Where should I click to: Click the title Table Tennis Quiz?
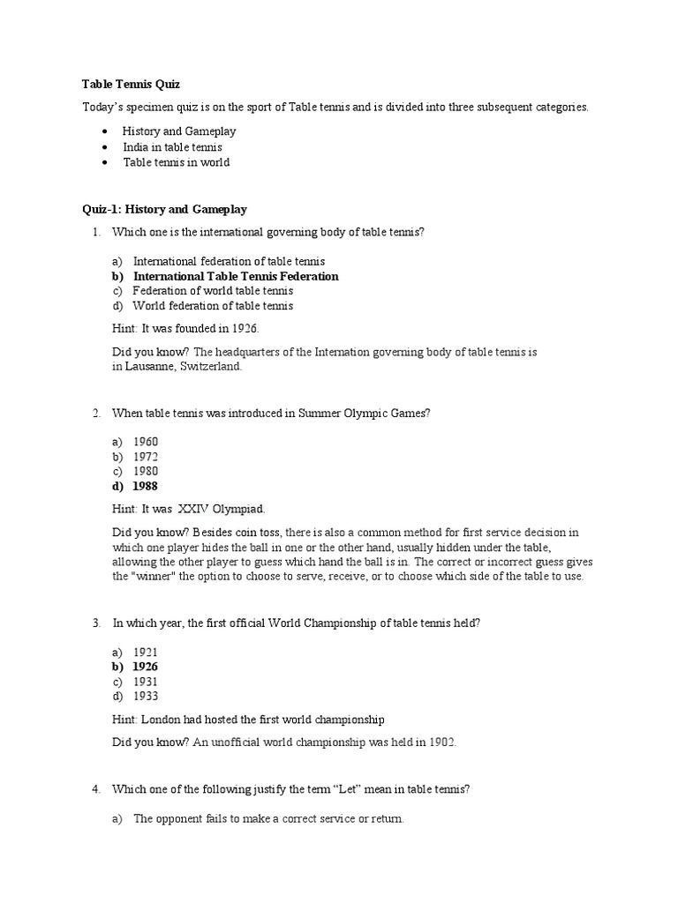coord(131,85)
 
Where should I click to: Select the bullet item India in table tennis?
coord(172,147)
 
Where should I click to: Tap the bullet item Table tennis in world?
coord(176,162)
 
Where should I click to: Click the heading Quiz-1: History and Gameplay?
coord(164,210)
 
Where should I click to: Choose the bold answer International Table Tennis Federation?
coord(235,276)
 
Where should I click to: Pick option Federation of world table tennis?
coord(213,291)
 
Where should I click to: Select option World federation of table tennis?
coord(213,306)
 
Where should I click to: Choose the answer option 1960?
coord(146,441)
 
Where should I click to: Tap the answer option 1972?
coord(146,456)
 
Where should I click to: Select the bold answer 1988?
coord(146,486)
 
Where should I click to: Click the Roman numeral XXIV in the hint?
coord(197,509)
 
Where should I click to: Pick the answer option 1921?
coord(146,652)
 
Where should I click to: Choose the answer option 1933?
coord(146,697)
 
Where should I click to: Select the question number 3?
coord(95,623)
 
